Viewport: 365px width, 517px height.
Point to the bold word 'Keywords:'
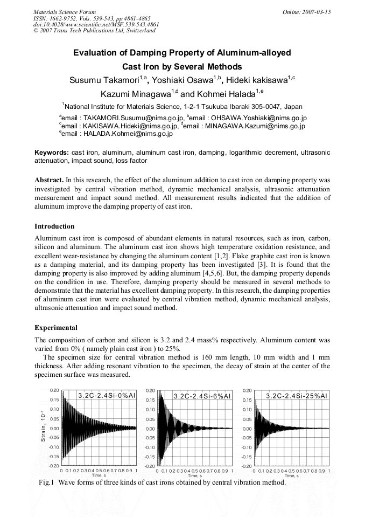pos(51,153)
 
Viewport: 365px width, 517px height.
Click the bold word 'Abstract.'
pos(49,179)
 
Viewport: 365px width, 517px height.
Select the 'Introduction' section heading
pos(54,226)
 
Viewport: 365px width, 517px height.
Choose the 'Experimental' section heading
pos(55,327)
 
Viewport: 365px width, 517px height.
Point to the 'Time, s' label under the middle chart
pos(194,475)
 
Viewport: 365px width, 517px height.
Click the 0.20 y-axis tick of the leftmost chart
pos(54,390)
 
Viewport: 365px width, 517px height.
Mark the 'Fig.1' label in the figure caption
pos(47,482)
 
